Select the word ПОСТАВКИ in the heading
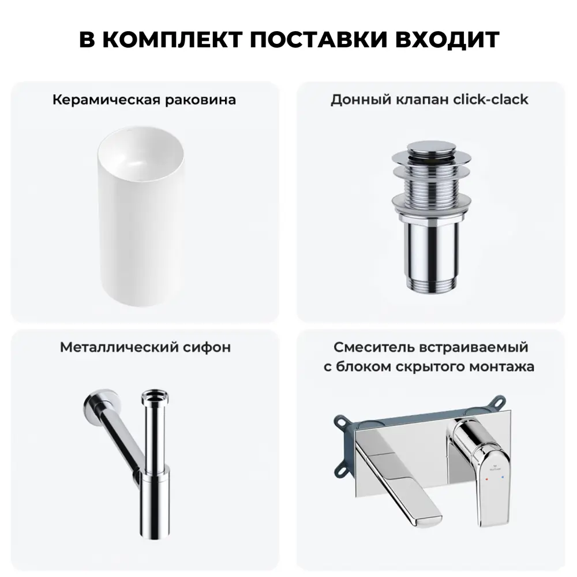pyautogui.click(x=319, y=39)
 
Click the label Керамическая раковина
pyautogui.click(x=144, y=100)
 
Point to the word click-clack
pyautogui.click(x=490, y=99)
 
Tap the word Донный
pyautogui.click(x=361, y=100)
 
